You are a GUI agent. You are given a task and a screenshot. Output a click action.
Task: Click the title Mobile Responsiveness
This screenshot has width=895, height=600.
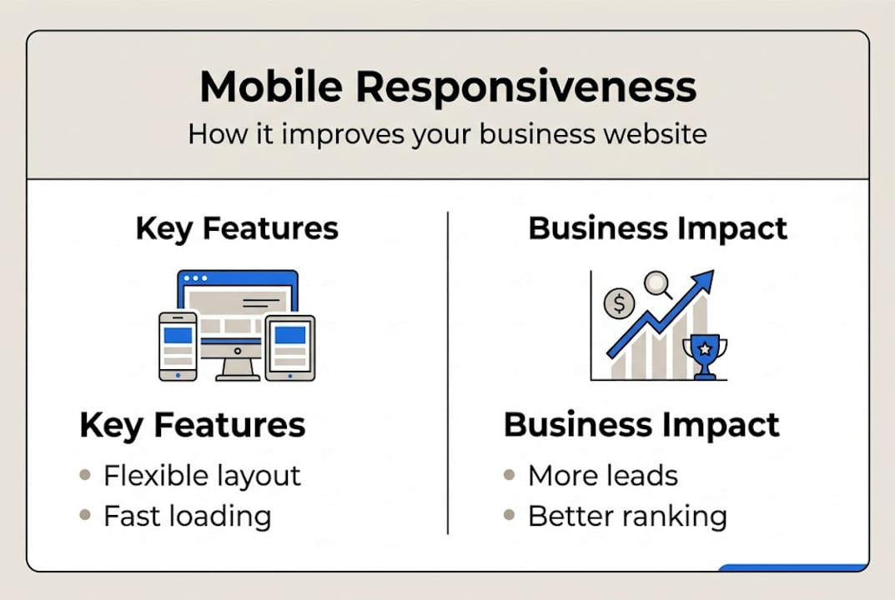[448, 87]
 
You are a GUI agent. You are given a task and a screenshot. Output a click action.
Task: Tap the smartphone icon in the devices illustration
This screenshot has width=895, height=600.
[178, 346]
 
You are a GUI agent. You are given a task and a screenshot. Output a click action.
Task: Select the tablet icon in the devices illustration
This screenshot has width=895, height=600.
[289, 347]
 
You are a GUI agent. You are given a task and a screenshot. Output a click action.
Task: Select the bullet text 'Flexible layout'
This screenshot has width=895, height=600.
[202, 476]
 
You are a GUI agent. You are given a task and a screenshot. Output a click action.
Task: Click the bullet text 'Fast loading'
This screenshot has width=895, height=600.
[187, 516]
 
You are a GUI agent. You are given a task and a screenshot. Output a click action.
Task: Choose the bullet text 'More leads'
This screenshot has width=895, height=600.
[602, 476]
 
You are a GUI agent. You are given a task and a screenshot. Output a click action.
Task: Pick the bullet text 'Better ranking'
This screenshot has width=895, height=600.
[627, 516]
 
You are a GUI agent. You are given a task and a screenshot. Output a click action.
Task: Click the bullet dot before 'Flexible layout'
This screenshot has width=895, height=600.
[85, 475]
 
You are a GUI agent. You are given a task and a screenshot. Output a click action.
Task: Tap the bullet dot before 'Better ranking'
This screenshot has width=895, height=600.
[510, 516]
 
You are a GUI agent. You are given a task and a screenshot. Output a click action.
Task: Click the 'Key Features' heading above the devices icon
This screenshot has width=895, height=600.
[237, 228]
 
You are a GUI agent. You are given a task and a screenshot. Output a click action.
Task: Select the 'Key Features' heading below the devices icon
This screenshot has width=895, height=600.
[192, 425]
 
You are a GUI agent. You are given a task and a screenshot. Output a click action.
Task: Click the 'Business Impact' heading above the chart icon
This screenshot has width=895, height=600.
[658, 228]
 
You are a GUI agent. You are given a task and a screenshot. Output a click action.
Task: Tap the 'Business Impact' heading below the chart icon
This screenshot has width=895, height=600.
[641, 425]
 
